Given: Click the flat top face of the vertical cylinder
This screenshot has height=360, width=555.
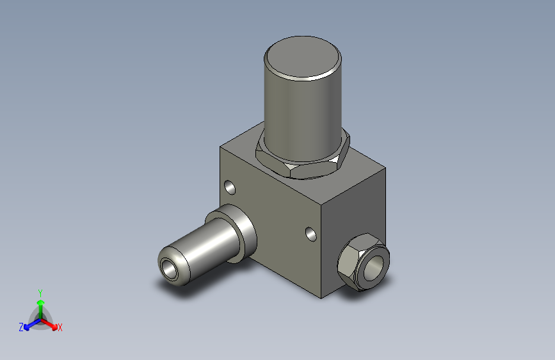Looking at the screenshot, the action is tap(302, 58).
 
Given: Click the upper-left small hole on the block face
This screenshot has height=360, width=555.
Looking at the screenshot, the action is tap(230, 188).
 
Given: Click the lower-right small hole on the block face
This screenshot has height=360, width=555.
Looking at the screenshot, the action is tap(310, 234).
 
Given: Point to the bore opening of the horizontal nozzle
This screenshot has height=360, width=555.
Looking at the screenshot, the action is tap(168, 268).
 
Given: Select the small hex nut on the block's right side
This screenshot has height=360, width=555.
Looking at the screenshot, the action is tap(363, 262).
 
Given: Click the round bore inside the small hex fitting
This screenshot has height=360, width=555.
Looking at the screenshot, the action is tap(373, 268).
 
